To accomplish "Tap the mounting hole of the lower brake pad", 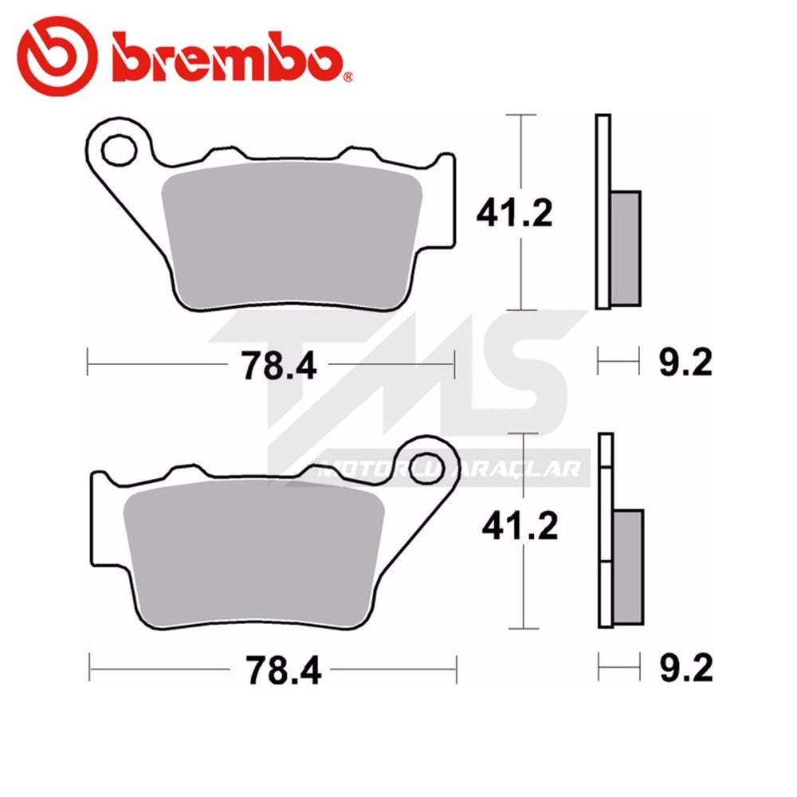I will coord(429,461).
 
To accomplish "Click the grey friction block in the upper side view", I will coord(626,247).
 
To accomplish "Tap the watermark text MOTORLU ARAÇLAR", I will coord(450,470).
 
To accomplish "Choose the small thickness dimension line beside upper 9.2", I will coord(618,364).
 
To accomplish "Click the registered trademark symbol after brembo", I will coord(348,77).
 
